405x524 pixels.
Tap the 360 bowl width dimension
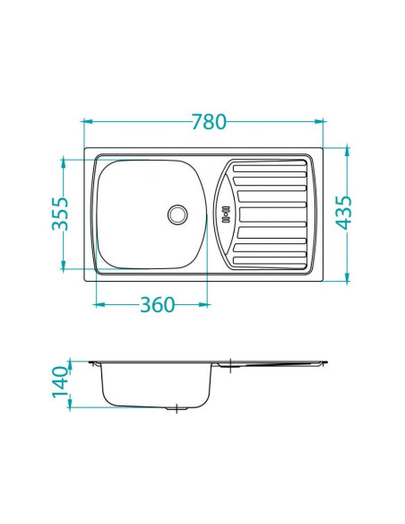click(156, 305)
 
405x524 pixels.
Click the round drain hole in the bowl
click(177, 214)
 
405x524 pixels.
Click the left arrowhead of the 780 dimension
click(87, 120)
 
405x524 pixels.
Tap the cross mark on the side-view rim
click(231, 364)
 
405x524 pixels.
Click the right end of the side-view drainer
click(325, 363)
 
